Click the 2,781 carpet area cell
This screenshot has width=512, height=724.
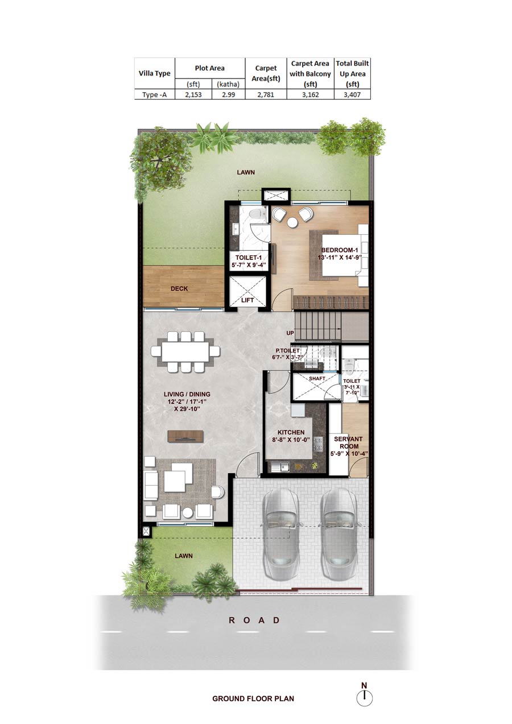(x=266, y=95)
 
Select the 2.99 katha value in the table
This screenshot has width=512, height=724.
(x=228, y=95)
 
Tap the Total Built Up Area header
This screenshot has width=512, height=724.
(x=352, y=74)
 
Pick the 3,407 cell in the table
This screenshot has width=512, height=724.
(x=352, y=95)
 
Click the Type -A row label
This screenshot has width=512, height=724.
(x=155, y=95)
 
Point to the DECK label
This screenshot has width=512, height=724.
(x=179, y=288)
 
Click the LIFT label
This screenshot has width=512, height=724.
(x=247, y=300)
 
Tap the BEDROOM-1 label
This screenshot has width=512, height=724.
(x=340, y=250)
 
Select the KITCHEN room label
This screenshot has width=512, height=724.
(x=291, y=432)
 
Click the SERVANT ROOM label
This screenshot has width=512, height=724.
(x=348, y=442)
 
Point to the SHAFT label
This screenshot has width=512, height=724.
(x=317, y=378)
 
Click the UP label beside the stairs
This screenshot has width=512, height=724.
(x=290, y=333)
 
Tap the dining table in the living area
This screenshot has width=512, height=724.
(x=185, y=351)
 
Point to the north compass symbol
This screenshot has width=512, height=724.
(x=364, y=695)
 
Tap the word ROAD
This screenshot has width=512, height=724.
(x=254, y=620)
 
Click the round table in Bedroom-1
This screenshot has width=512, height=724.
(x=292, y=223)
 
